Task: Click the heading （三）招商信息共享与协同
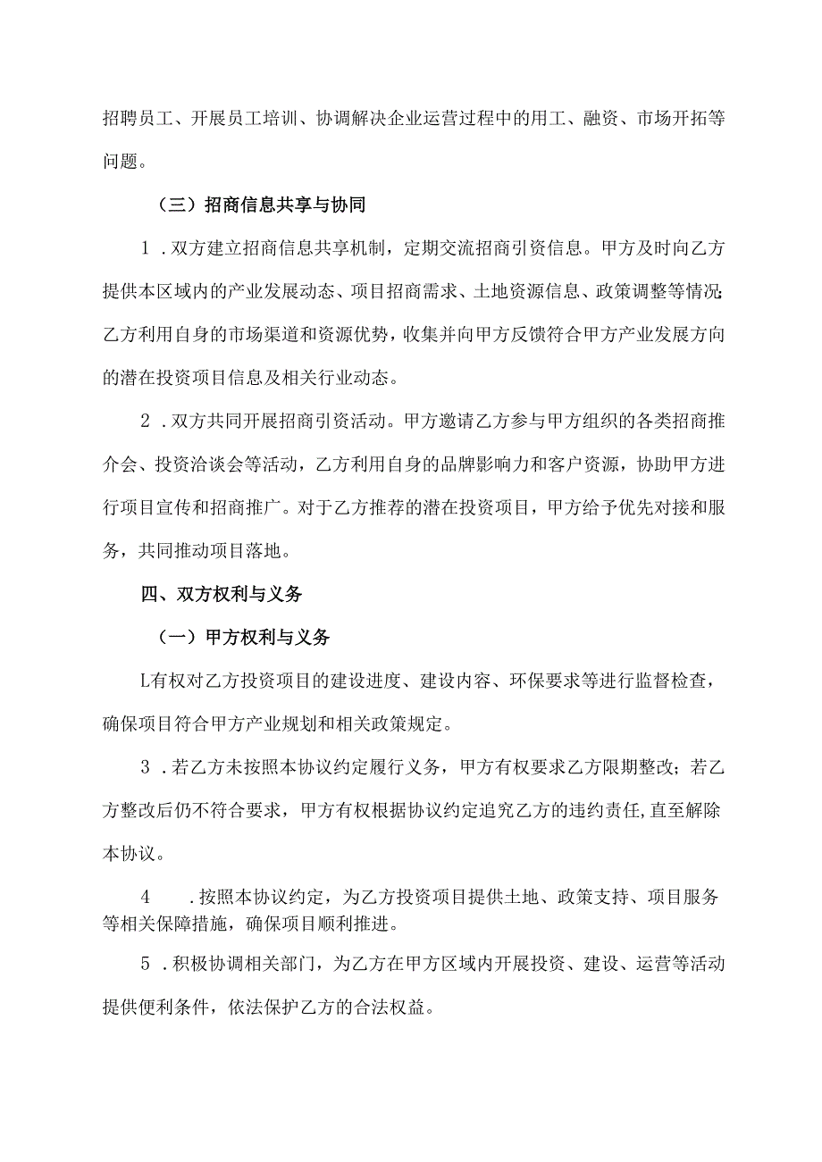coord(255,205)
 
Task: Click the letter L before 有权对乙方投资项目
coord(147,681)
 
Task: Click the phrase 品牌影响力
coord(470,465)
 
